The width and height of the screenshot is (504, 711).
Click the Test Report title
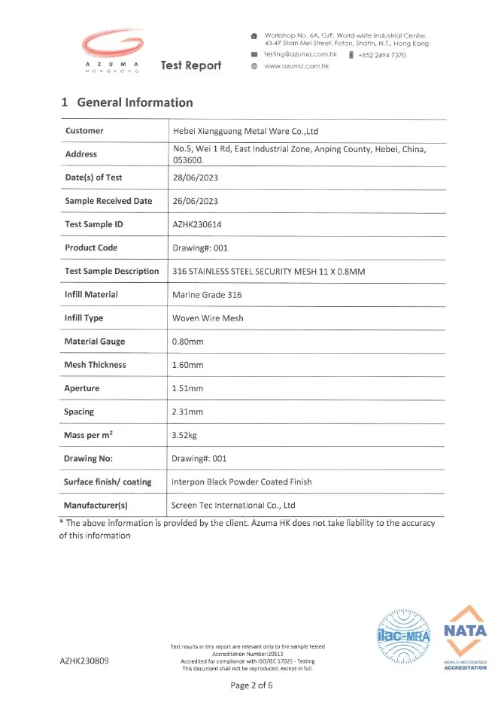(x=191, y=65)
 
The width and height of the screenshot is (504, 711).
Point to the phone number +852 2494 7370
(x=381, y=55)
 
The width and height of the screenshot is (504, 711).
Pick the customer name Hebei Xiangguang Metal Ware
(x=245, y=131)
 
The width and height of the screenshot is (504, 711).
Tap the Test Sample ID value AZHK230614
(x=197, y=224)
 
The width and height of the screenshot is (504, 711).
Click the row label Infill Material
(x=91, y=294)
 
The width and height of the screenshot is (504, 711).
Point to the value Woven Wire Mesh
(x=208, y=318)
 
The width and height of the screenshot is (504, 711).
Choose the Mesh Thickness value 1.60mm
(x=188, y=365)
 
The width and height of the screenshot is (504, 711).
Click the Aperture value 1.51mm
(x=188, y=388)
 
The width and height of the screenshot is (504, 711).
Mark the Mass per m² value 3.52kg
(x=186, y=435)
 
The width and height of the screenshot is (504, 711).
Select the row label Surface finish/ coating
(x=108, y=482)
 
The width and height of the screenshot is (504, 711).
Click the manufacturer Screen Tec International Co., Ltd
(x=233, y=506)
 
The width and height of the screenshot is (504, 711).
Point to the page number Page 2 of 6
(x=251, y=685)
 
